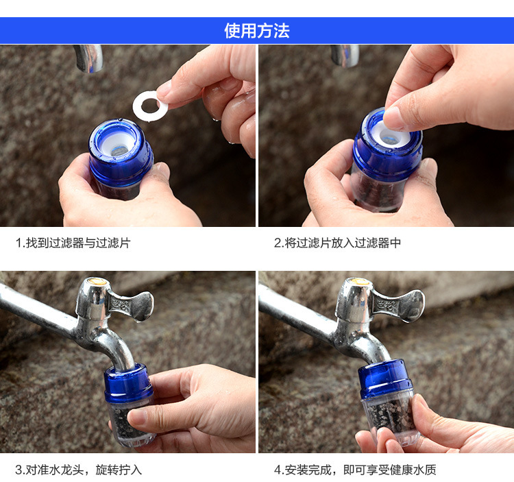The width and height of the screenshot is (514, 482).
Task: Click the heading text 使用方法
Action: [x=257, y=31]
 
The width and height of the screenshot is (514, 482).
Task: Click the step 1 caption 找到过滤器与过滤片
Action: [x=78, y=243]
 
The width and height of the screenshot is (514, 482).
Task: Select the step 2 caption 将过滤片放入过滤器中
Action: [x=343, y=243]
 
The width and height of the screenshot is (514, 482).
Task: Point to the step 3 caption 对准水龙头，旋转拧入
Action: [x=84, y=470]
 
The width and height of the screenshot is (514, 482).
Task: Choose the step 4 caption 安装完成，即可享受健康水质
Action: [x=360, y=470]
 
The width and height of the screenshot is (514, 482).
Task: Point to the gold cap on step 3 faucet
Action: [x=95, y=281]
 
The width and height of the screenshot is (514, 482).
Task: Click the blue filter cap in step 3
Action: [x=128, y=383]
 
